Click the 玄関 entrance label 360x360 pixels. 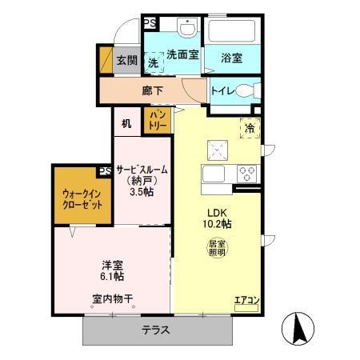[126, 61]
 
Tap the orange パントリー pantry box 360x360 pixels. [155, 122]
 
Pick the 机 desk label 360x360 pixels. [126, 123]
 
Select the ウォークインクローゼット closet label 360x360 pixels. [82, 199]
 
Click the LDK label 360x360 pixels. [218, 211]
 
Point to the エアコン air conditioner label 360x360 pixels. [246, 301]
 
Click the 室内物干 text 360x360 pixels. [112, 299]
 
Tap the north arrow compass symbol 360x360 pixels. [299, 328]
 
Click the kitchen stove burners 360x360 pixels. [247, 173]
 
